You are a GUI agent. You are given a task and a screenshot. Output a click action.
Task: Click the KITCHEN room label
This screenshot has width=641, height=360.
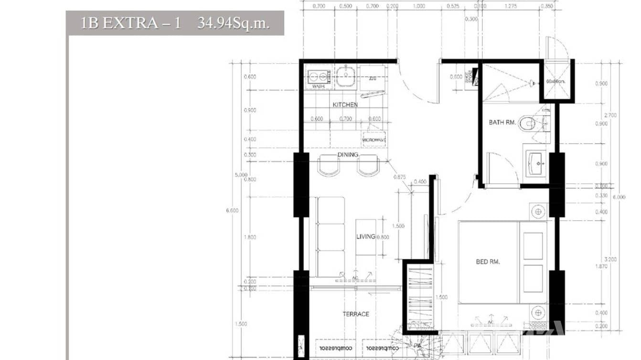[x=345, y=105]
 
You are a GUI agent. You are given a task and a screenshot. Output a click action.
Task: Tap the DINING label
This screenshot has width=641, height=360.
[x=347, y=155]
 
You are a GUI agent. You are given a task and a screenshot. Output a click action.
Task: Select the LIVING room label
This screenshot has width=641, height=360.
[x=366, y=237]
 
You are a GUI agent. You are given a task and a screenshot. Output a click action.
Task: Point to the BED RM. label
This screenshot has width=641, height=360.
[x=488, y=262]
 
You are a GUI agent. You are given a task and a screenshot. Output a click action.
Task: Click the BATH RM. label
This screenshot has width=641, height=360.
[x=502, y=123]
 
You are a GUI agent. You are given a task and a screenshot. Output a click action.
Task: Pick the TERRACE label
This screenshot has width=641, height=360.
[x=355, y=314]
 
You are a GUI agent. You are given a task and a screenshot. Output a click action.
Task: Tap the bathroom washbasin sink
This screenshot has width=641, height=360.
[x=537, y=163]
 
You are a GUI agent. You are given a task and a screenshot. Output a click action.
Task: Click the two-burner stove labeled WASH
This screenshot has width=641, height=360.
[x=319, y=78]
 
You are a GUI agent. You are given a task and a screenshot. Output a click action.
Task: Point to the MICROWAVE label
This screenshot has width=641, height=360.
[x=374, y=140]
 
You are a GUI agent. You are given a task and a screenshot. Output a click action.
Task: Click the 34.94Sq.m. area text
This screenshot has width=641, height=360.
[x=233, y=23]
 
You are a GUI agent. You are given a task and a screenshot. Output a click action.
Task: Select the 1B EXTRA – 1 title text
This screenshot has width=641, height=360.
[x=130, y=23]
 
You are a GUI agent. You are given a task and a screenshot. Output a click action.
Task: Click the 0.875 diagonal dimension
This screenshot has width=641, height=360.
[x=399, y=177]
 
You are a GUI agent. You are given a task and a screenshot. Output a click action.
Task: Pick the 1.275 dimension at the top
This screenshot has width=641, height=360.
[x=511, y=6]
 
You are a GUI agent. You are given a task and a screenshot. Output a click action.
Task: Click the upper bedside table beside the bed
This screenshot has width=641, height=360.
[x=538, y=211]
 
